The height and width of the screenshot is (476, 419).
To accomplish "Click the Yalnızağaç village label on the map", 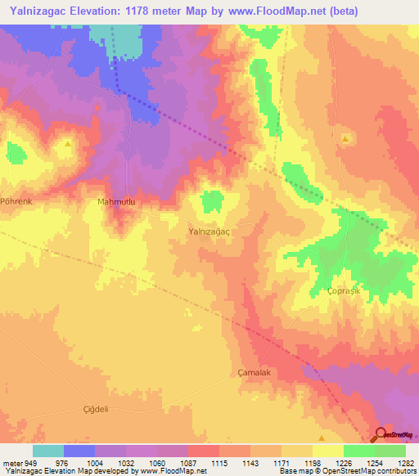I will click(211, 231).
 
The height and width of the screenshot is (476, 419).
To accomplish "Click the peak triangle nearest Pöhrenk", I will click(67, 142).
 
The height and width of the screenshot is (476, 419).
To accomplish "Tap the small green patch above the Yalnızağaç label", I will click(213, 199).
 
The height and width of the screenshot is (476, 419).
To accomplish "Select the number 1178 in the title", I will click(148, 12).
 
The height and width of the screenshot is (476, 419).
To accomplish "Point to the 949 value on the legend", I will click(32, 463).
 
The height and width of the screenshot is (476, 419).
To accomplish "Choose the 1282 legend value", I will click(405, 463).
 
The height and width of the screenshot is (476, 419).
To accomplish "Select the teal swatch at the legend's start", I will click(48, 451).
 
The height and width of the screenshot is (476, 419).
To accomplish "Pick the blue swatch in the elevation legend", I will click(79, 451).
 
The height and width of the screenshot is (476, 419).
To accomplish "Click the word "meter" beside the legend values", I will click(12, 463).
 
